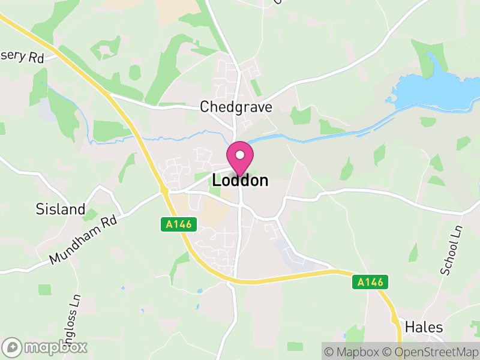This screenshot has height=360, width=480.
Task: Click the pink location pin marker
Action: [x=240, y=158]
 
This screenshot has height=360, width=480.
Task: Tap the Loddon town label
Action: [x=240, y=180]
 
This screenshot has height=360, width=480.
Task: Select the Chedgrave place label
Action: [x=236, y=107]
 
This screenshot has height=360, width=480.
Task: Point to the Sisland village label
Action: [x=61, y=209]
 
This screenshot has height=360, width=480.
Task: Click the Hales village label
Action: [x=424, y=327]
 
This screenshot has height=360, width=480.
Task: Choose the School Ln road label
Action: [x=453, y=251]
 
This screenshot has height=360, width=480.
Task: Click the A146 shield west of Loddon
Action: [x=178, y=224]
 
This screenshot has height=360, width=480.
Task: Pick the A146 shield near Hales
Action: [x=370, y=282]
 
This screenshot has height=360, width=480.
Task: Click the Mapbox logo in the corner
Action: [x=46, y=347]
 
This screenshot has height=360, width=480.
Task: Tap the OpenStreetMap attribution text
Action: [x=430, y=351]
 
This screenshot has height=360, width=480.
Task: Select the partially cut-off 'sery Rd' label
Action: [x=22, y=57]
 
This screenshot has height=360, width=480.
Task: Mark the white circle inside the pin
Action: [x=240, y=155]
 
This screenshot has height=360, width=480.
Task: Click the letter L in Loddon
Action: [x=217, y=180]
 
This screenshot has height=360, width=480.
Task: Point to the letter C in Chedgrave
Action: [x=205, y=107]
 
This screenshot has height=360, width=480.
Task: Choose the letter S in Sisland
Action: [x=40, y=209]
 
